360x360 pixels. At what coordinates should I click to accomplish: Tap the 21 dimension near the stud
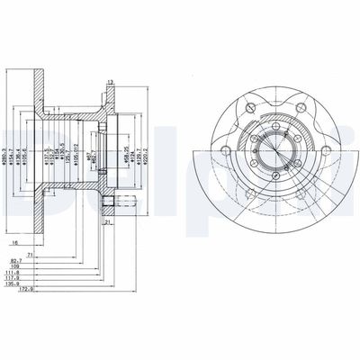[106, 221]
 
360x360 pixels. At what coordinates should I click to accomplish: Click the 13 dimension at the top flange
[111, 84]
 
